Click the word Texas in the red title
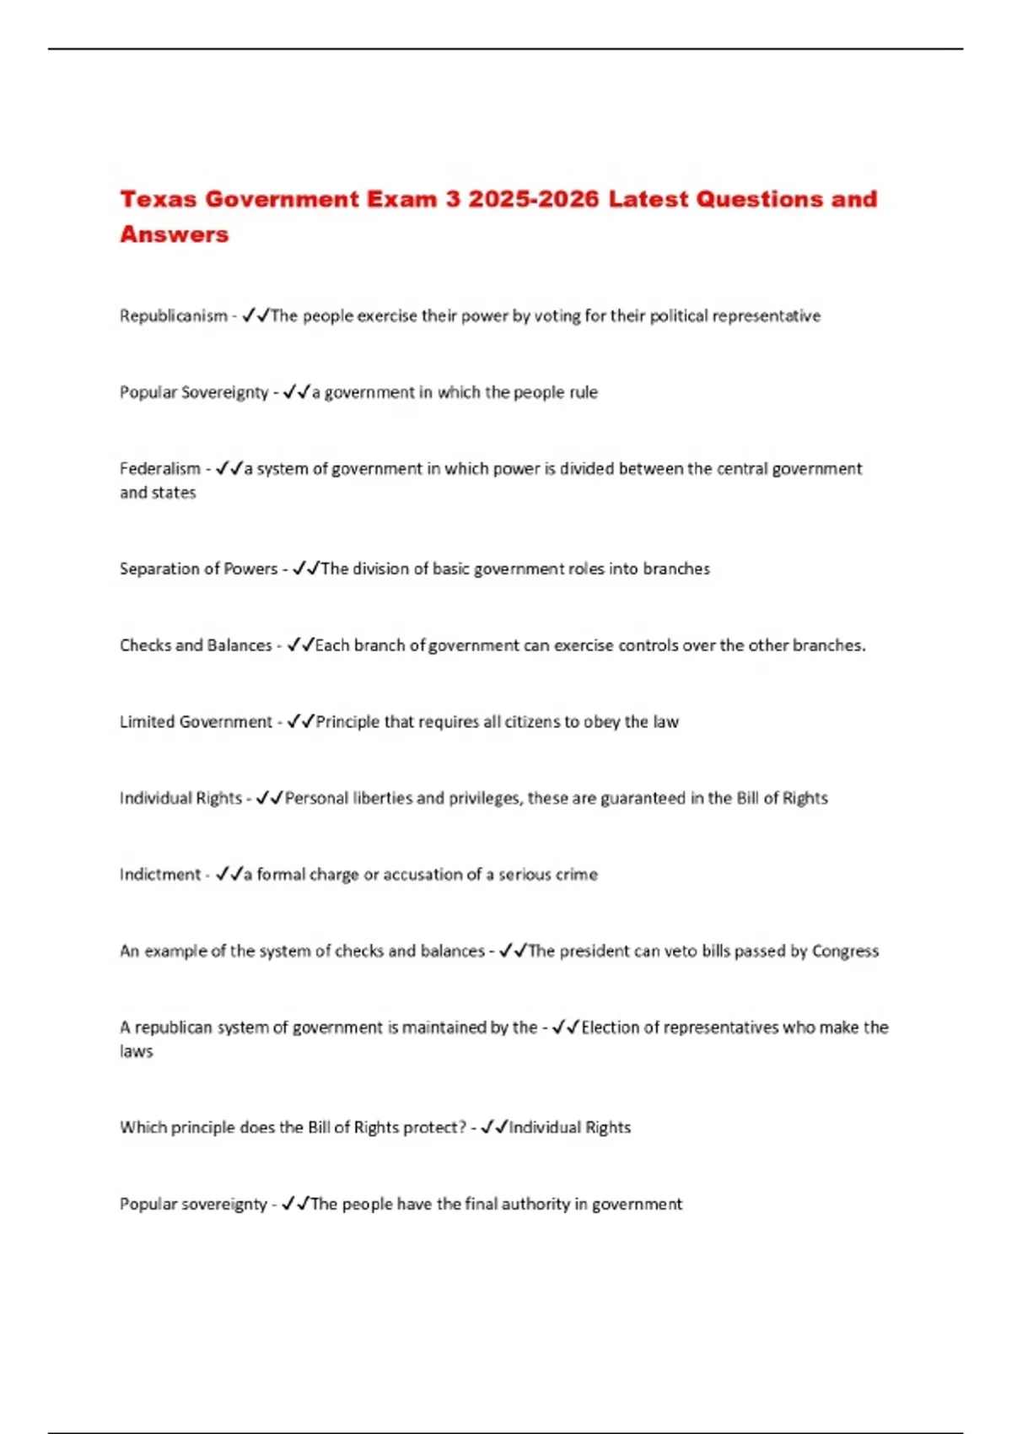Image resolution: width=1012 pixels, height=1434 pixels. click(158, 199)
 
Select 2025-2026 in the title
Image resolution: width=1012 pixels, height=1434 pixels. click(533, 199)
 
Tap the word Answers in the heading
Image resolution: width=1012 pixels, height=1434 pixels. click(174, 235)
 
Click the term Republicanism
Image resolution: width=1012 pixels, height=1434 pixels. click(173, 316)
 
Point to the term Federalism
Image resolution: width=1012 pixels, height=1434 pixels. click(160, 469)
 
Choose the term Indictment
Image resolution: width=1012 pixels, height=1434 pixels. click(160, 875)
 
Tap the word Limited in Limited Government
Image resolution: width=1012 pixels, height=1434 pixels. click(147, 722)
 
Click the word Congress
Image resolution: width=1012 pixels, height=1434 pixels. click(845, 952)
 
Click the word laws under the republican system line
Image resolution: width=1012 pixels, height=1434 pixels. click(136, 1052)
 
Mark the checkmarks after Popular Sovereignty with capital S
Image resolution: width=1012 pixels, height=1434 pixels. click(296, 392)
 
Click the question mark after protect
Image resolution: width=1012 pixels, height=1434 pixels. click(462, 1128)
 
